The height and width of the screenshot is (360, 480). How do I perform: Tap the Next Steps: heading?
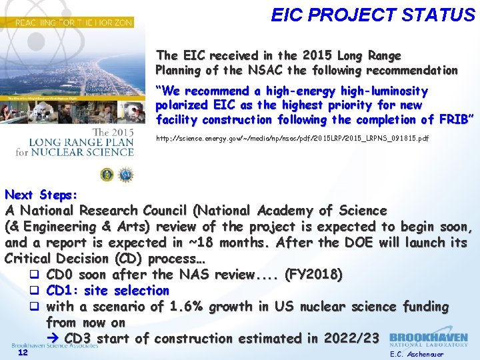[41, 195]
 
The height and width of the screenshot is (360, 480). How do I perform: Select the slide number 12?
[23, 353]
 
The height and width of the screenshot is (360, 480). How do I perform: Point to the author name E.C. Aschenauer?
[417, 354]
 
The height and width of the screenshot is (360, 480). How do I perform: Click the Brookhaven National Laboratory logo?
[428, 340]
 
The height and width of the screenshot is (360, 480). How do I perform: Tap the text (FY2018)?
[313, 274]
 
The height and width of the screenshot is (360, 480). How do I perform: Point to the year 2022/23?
[351, 339]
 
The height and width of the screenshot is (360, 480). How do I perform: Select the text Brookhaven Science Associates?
[55, 346]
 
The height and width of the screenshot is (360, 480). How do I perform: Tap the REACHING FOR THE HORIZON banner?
[67, 22]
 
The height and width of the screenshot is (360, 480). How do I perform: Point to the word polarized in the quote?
[181, 105]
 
